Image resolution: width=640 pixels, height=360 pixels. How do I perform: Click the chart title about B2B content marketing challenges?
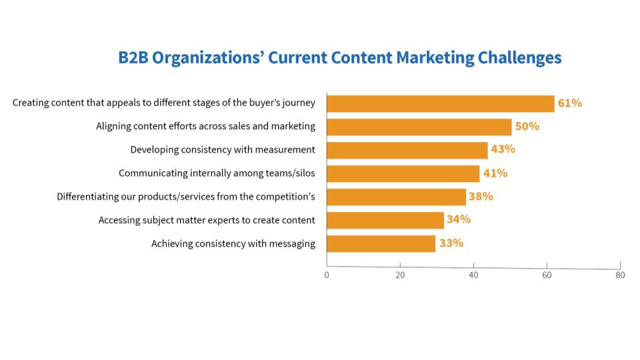pyautogui.click(x=340, y=58)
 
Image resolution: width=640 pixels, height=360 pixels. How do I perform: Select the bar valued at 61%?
pyautogui.click(x=440, y=103)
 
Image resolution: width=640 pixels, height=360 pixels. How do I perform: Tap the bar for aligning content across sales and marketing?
pyautogui.click(x=419, y=127)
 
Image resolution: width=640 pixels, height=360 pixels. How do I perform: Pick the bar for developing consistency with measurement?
pyautogui.click(x=407, y=150)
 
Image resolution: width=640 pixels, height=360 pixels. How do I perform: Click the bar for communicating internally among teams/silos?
pyautogui.click(x=403, y=173)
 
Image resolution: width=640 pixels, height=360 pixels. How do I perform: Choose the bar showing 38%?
pyautogui.click(x=396, y=197)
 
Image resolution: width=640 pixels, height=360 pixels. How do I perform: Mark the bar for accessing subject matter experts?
pyautogui.click(x=385, y=220)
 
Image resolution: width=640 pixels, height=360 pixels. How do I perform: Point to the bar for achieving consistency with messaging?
pyautogui.click(x=381, y=243)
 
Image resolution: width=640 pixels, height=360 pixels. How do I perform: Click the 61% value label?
pyautogui.click(x=570, y=103)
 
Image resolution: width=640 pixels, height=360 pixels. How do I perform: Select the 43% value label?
pyautogui.click(x=503, y=149)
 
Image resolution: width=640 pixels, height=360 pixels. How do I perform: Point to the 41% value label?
pyautogui.click(x=495, y=173)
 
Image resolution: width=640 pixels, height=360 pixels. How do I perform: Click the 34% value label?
pyautogui.click(x=459, y=219)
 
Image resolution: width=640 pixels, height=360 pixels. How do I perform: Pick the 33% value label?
pyautogui.click(x=451, y=243)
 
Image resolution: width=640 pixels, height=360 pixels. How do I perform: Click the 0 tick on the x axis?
pyautogui.click(x=327, y=275)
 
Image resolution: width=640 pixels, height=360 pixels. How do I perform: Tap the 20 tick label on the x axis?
pyautogui.click(x=400, y=275)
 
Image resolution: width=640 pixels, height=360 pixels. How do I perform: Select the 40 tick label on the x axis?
pyautogui.click(x=473, y=275)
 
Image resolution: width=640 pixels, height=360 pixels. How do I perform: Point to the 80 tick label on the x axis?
pyautogui.click(x=620, y=275)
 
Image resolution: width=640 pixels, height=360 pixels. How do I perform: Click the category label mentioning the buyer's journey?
pyautogui.click(x=164, y=103)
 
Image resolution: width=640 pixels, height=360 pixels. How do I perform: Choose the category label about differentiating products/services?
pyautogui.click(x=186, y=197)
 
